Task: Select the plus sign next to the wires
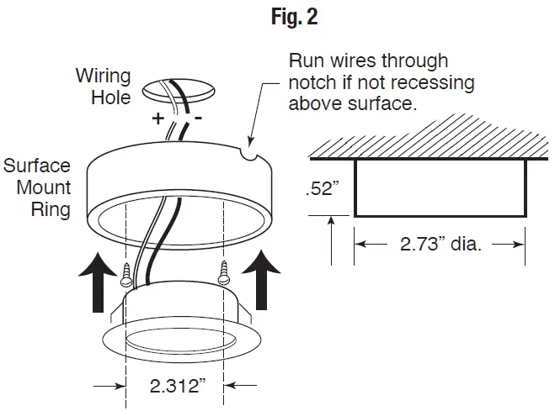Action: (x=157, y=119)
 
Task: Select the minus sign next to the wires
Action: (x=199, y=119)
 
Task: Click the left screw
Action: (x=128, y=273)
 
